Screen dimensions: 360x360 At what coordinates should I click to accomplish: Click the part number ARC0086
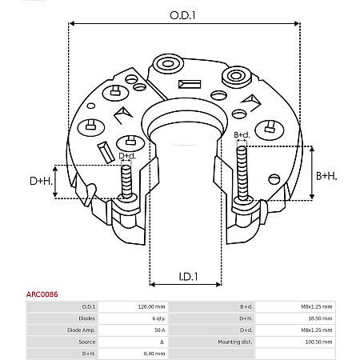coord(18,294)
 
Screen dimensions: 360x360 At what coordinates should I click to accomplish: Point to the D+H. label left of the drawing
coord(41,182)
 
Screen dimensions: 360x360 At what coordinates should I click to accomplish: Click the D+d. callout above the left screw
coord(127,156)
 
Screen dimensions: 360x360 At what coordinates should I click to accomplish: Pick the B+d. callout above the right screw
coord(242,135)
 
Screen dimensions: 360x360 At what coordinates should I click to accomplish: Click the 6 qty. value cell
coord(158,318)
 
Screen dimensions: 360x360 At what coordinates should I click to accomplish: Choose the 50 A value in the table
coord(160,330)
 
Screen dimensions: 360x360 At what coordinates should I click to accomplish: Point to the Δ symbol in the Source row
coord(162,342)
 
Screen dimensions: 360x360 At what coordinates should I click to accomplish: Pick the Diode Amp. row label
coord(82,330)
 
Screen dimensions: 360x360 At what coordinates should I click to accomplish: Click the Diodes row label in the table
coord(88,318)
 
